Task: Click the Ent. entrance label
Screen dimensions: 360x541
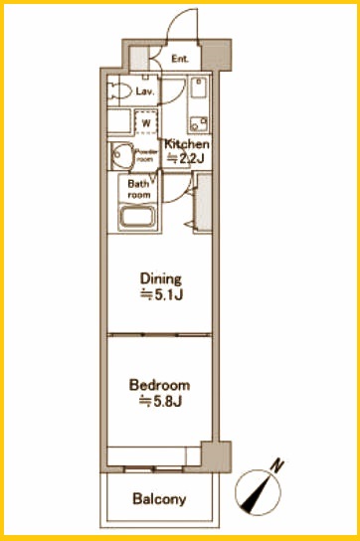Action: coord(180,59)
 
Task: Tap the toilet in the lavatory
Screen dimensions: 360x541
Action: coord(119,91)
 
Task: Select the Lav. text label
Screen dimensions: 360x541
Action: coord(144,91)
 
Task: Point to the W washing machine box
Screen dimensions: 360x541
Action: coord(147,122)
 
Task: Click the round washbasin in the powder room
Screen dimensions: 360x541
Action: coord(121,156)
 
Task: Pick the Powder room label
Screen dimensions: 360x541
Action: coord(146,155)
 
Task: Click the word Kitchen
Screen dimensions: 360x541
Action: coord(187,144)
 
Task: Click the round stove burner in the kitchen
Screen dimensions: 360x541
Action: coord(195,125)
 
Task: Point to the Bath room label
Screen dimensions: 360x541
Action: coord(139,189)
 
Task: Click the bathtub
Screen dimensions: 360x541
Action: coord(137,218)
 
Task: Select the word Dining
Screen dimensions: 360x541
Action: coord(160,278)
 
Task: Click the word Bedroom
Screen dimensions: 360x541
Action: coord(159,385)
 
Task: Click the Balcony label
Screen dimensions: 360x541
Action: coord(159,499)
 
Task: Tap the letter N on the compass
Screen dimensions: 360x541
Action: coord(277,465)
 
